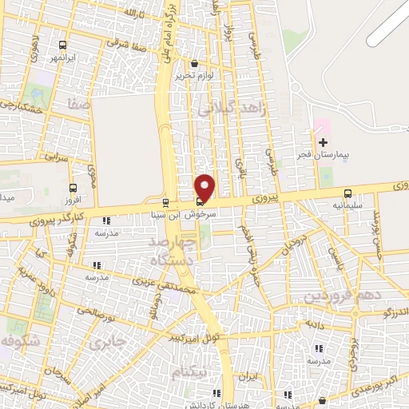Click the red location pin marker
point(205,187)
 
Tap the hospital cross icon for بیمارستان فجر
point(323,142)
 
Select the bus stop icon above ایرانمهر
point(62,46)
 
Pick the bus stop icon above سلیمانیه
point(347,193)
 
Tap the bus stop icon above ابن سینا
point(165,202)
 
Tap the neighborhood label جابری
point(108,345)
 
